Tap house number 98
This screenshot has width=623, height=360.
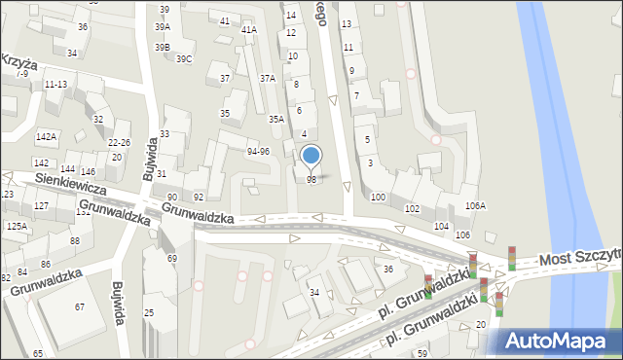pyautogui.click(x=311, y=180)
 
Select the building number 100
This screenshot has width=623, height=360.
pyautogui.click(x=378, y=197)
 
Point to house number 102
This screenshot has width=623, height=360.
pyautogui.click(x=412, y=209)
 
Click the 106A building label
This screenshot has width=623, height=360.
pyautogui.click(x=475, y=205)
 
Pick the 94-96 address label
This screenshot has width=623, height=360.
pyautogui.click(x=258, y=151)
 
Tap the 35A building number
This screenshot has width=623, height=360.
pyautogui.click(x=276, y=119)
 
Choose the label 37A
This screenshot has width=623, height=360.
pyautogui.click(x=267, y=78)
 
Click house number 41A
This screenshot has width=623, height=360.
pyautogui.click(x=249, y=30)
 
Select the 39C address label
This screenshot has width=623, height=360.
pyautogui.click(x=184, y=59)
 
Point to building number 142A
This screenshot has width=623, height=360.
pyautogui.click(x=45, y=137)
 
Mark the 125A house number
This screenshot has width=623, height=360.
pyautogui.click(x=16, y=225)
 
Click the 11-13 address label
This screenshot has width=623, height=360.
pyautogui.click(x=55, y=85)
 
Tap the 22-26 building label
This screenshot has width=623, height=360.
pyautogui.click(x=119, y=143)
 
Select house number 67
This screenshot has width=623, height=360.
pyautogui.click(x=80, y=307)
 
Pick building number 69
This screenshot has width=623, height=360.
pyautogui.click(x=172, y=258)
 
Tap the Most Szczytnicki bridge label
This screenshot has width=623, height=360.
pyautogui.click(x=581, y=259)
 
